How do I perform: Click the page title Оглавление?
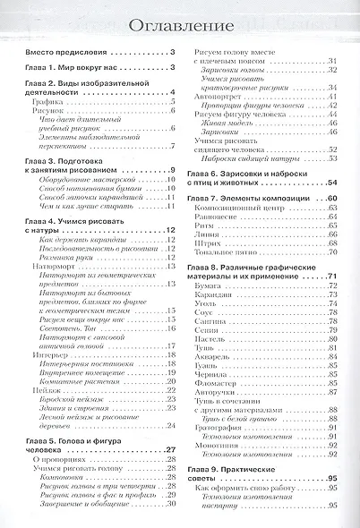[x=180, y=27]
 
